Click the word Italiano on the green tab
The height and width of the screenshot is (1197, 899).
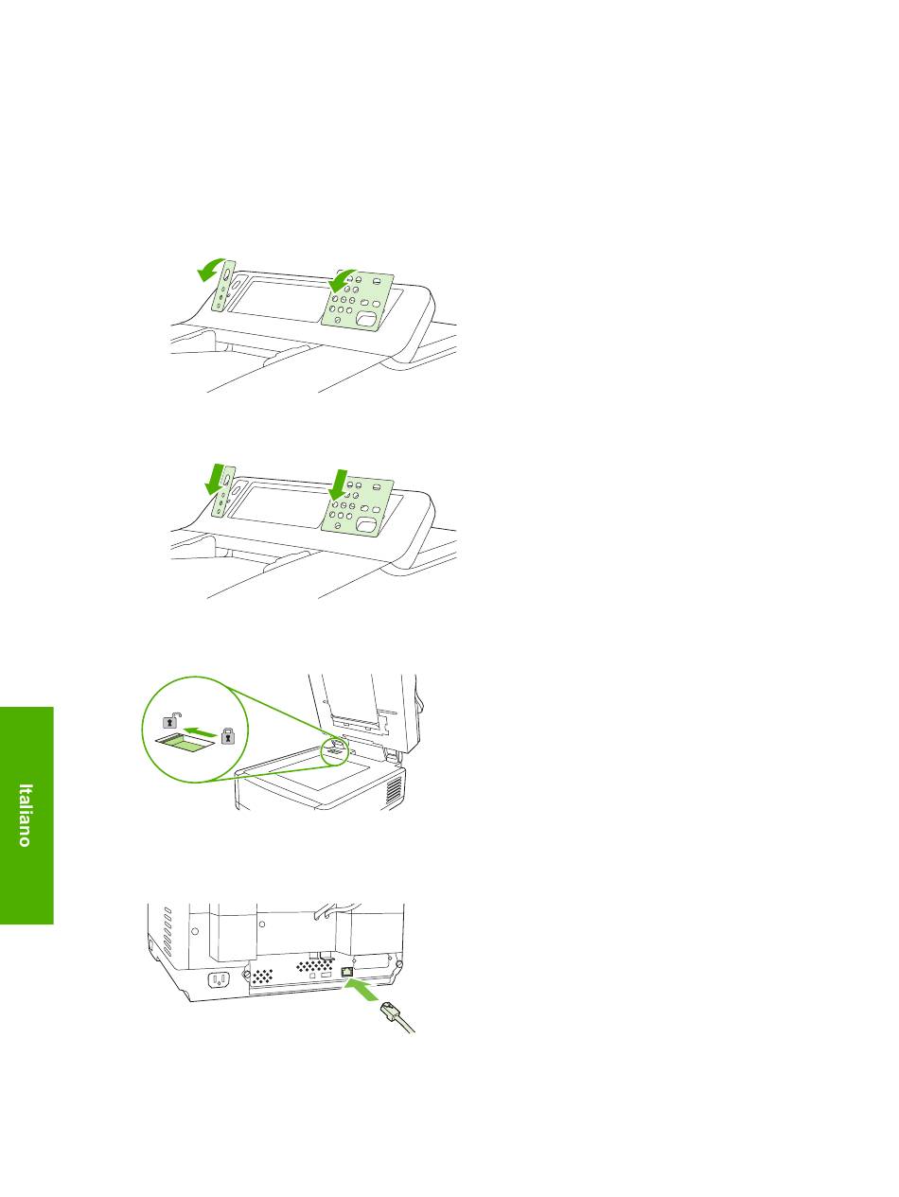tap(26, 815)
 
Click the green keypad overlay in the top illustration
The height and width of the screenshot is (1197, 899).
tap(359, 303)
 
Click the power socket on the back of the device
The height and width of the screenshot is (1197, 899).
tap(218, 979)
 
